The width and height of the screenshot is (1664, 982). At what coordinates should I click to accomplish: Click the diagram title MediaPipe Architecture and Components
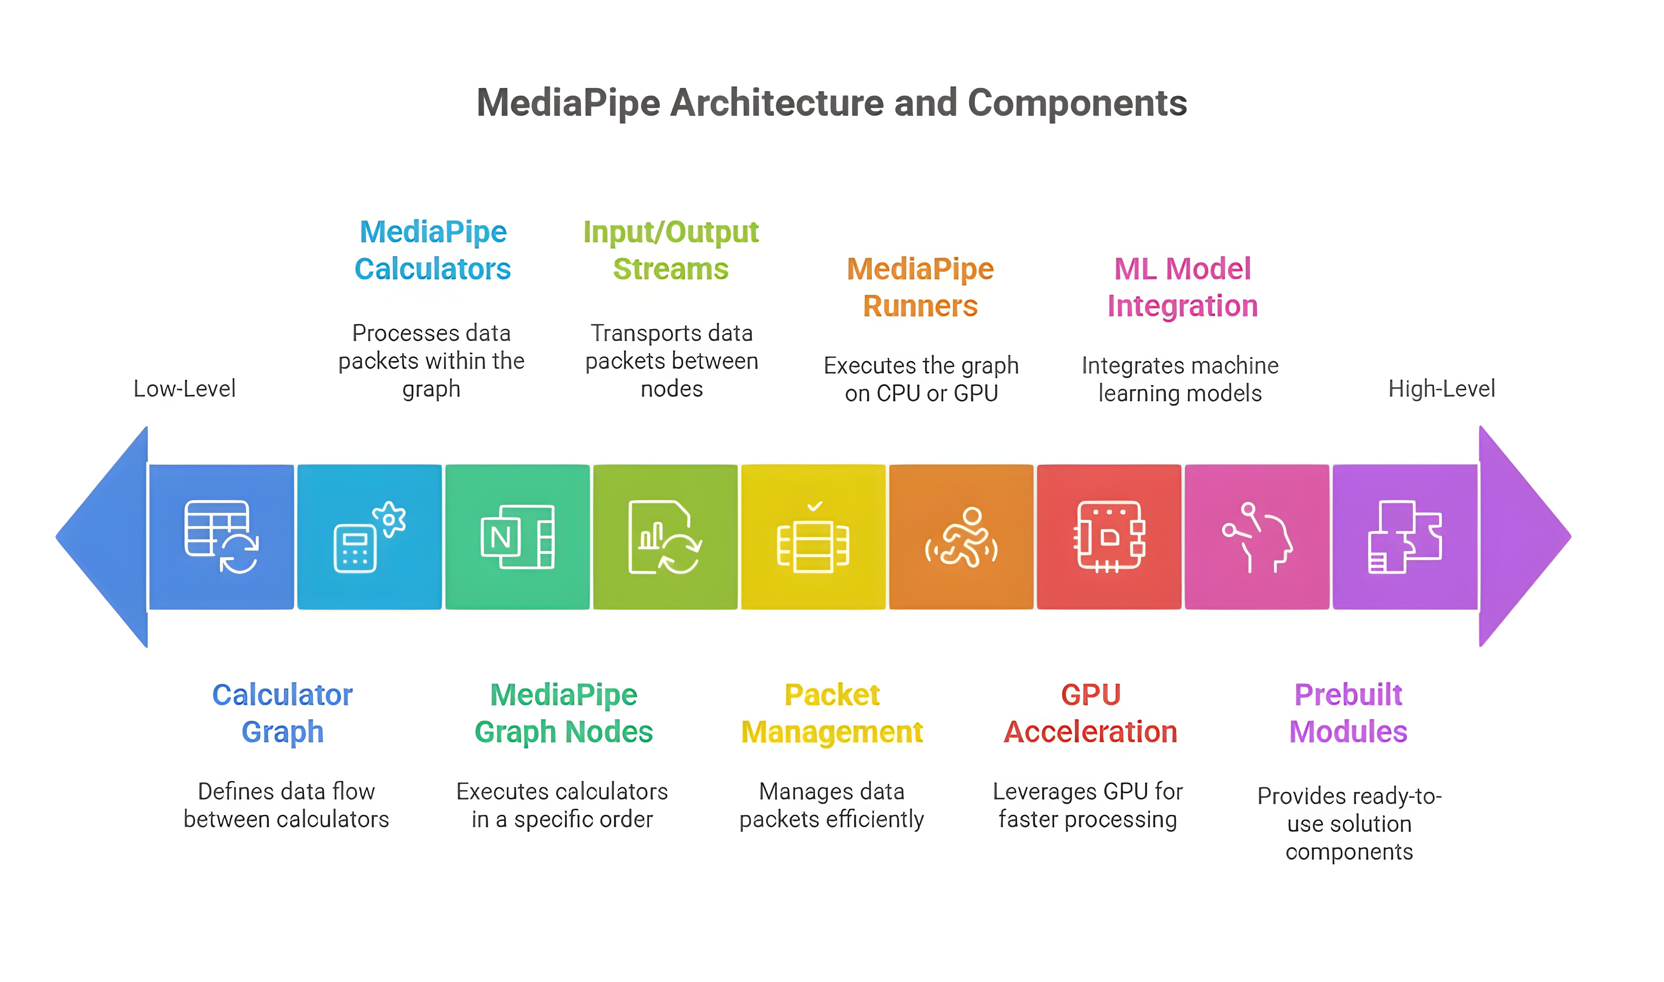(831, 103)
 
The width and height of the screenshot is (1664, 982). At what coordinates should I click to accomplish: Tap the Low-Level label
(185, 388)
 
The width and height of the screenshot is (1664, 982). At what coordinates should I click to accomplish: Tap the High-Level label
(1441, 388)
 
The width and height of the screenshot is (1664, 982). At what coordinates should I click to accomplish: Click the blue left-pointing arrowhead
(106, 536)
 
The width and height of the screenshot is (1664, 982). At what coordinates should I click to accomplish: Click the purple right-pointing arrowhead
(1521, 536)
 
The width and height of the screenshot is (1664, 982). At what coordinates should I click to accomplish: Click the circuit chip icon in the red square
(1109, 536)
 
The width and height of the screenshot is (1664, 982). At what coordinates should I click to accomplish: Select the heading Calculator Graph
(282, 713)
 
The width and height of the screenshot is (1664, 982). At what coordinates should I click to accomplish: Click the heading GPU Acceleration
(1090, 713)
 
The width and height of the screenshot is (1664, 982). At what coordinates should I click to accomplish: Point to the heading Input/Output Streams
(671, 250)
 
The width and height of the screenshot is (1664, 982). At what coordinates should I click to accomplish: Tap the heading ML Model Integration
(1183, 287)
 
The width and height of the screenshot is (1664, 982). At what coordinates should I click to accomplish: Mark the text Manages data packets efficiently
(831, 805)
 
